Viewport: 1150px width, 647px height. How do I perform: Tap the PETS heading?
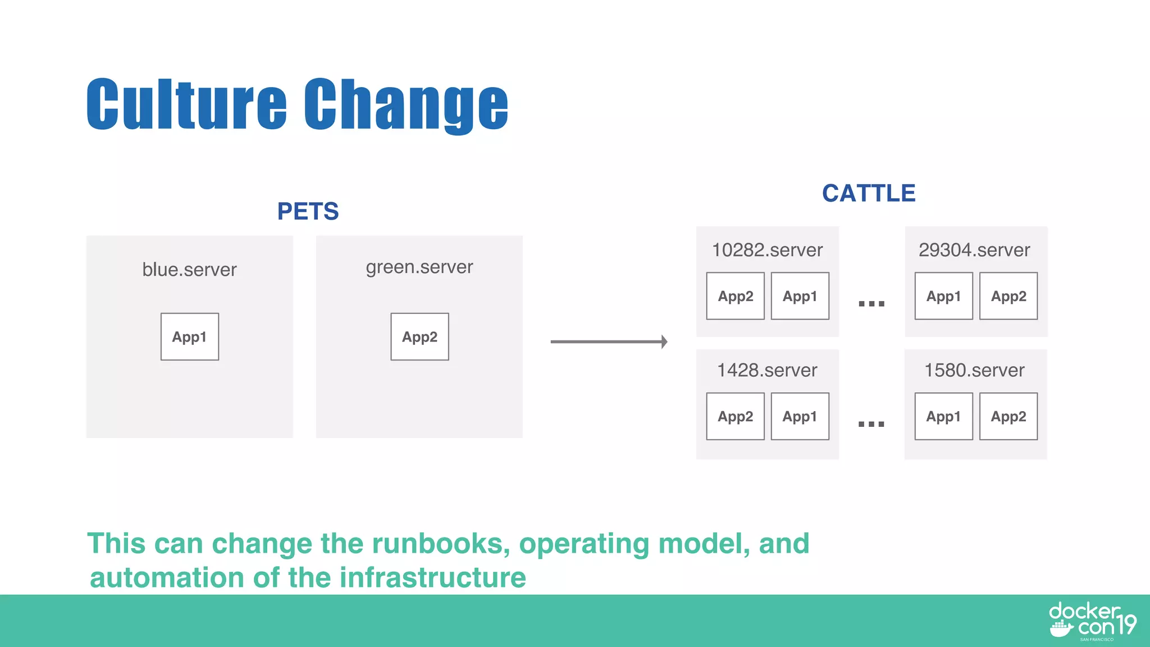(308, 212)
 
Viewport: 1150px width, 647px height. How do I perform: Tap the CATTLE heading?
(869, 193)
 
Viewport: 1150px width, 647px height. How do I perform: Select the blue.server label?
(189, 270)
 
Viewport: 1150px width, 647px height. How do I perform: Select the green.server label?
(419, 267)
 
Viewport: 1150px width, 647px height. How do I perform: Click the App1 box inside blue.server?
(190, 337)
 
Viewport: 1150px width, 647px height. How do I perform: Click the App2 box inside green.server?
(419, 337)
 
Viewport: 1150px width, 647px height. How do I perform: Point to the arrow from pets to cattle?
(609, 341)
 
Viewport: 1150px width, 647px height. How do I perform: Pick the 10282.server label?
(767, 250)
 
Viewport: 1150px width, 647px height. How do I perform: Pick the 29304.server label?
(974, 250)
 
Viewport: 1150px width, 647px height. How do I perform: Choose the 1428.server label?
(767, 370)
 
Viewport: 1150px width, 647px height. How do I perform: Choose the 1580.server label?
(974, 370)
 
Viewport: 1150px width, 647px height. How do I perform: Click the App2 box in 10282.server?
(735, 296)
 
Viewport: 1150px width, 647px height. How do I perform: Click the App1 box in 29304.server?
(943, 296)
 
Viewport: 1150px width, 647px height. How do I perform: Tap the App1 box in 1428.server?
(800, 416)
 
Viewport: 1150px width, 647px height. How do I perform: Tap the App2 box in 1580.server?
(1008, 416)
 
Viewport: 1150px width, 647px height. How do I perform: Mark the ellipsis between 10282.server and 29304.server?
(871, 304)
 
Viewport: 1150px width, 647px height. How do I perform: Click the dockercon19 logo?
(1092, 621)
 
